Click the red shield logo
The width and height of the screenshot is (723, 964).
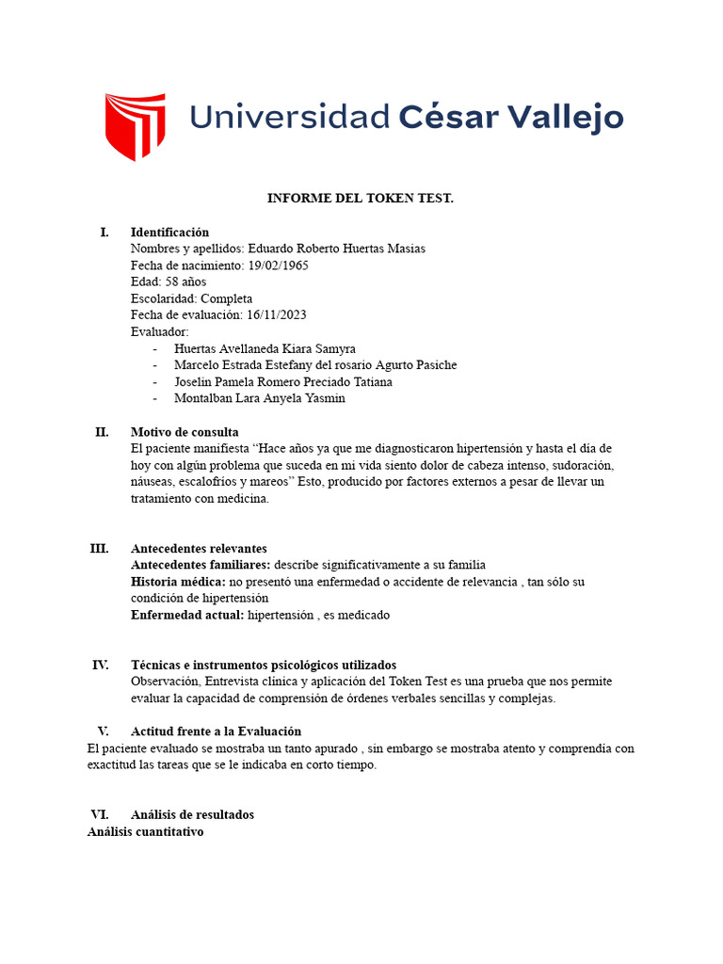(135, 126)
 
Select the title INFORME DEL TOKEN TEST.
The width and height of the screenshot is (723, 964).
(361, 199)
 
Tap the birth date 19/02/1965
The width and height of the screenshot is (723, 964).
(278, 265)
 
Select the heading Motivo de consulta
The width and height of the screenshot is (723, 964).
(184, 432)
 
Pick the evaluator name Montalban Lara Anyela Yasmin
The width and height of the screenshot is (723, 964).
(260, 398)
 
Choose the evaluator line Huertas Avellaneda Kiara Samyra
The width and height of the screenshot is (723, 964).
(265, 348)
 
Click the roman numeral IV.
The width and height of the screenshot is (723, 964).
(101, 665)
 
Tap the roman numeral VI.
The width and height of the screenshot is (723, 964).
(100, 814)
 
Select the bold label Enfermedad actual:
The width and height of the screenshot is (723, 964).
(187, 615)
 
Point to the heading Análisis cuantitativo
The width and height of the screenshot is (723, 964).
(146, 832)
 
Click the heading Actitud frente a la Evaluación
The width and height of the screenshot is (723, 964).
(216, 731)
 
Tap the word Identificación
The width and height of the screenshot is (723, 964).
(169, 233)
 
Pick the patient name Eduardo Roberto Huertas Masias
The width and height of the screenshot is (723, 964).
(336, 249)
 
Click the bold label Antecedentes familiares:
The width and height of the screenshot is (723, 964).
(201, 565)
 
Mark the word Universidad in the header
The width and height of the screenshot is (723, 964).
(289, 118)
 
